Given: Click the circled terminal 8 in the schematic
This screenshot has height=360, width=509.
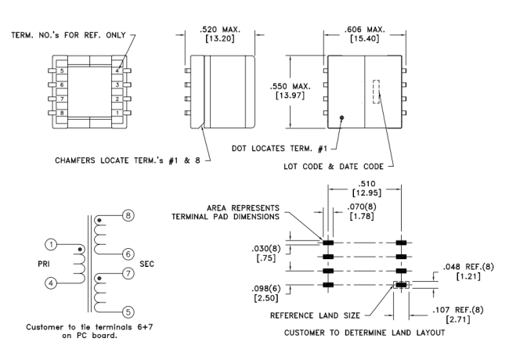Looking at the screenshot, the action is click(x=128, y=215).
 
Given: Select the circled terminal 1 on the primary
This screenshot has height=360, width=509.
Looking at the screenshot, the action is click(x=51, y=244).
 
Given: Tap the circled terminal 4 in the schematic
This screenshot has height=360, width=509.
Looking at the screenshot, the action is click(x=51, y=283).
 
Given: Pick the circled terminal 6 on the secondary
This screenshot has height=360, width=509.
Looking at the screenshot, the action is click(x=128, y=254).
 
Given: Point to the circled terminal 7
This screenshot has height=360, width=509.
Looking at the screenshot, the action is click(x=128, y=273).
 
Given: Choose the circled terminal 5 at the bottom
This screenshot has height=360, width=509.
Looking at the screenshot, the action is click(x=128, y=312).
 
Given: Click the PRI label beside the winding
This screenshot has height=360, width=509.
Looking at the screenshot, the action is click(x=44, y=264).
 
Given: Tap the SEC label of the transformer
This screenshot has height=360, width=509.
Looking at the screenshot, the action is click(x=146, y=264).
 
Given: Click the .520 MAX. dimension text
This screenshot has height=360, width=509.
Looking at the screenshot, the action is click(x=220, y=30).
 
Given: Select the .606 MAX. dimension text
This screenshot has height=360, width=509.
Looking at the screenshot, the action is click(x=365, y=30).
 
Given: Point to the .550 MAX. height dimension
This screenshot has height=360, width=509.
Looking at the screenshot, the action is click(x=291, y=86).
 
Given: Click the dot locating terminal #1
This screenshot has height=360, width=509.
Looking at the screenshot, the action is click(x=341, y=117).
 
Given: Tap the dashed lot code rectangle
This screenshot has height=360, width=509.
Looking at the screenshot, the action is click(x=376, y=92).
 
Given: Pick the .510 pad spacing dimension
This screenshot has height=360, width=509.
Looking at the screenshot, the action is click(x=366, y=184).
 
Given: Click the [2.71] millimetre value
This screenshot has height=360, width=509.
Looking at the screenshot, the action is click(x=458, y=319).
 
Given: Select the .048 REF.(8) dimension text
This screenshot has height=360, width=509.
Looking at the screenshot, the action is click(x=468, y=267).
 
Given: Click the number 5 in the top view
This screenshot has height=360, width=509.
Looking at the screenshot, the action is click(x=62, y=70).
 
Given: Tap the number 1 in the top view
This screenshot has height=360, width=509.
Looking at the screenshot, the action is click(x=117, y=113).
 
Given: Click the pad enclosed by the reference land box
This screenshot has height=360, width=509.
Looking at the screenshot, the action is click(x=401, y=285).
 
